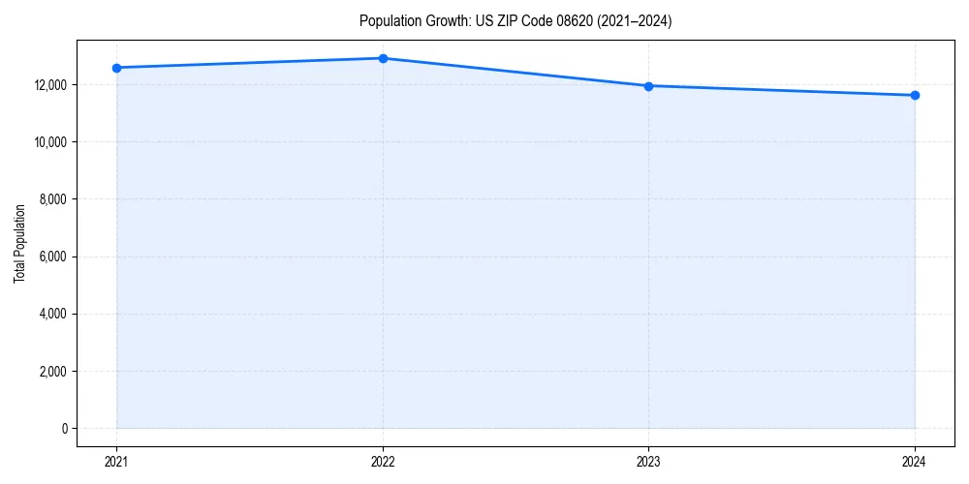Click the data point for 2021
tap(116, 68)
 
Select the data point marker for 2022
tap(383, 58)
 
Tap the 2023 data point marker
tap(648, 86)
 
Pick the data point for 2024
tap(915, 95)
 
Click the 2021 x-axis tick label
tap(116, 461)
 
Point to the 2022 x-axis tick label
tap(383, 461)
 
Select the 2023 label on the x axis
tap(648, 461)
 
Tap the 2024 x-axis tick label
tap(915, 461)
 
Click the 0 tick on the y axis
tap(65, 429)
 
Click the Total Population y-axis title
tap(19, 244)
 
